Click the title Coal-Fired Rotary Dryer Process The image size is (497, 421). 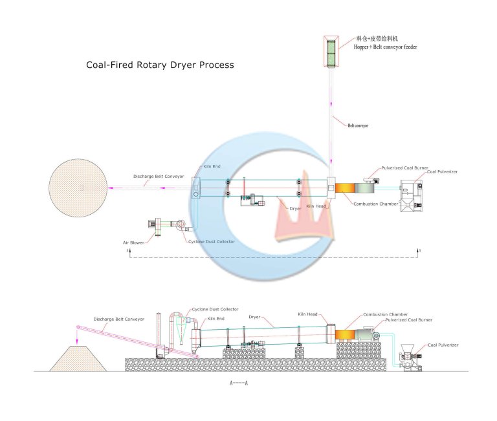tap(160, 65)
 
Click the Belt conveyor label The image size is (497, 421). tap(358, 125)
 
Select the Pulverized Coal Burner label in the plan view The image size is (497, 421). tap(404, 167)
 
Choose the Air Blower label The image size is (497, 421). tap(134, 243)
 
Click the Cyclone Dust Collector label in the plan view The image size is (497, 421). tap(212, 242)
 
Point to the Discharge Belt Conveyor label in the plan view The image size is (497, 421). tap(159, 176)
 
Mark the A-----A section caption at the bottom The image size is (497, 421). tap(239, 383)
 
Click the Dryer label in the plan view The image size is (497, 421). tap(295, 209)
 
